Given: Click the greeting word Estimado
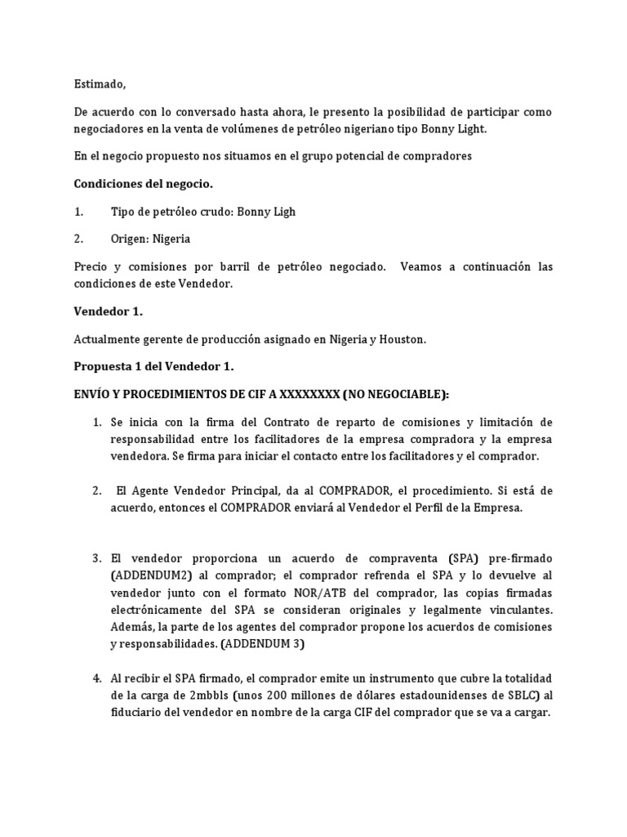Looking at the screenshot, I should click(x=100, y=84).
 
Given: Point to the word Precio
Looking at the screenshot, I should click(x=92, y=267).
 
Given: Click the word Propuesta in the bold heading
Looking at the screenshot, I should click(x=104, y=367).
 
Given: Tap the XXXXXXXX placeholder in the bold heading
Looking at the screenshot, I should click(x=309, y=394).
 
